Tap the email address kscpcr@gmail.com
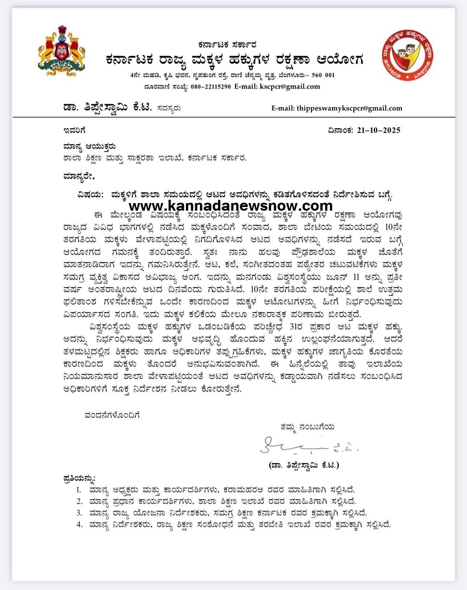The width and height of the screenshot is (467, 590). (290, 87)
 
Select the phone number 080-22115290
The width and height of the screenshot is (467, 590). (210, 87)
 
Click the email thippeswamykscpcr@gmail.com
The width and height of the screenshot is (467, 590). (349, 108)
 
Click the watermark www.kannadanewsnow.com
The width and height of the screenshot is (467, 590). (231, 206)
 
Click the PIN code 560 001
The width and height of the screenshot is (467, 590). (323, 75)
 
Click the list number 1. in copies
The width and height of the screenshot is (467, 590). (79, 490)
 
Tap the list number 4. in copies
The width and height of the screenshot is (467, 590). (79, 524)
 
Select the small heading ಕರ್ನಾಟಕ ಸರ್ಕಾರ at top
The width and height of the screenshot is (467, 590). (227, 45)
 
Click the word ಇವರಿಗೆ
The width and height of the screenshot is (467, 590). (74, 130)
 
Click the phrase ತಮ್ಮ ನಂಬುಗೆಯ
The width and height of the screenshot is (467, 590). (307, 427)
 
